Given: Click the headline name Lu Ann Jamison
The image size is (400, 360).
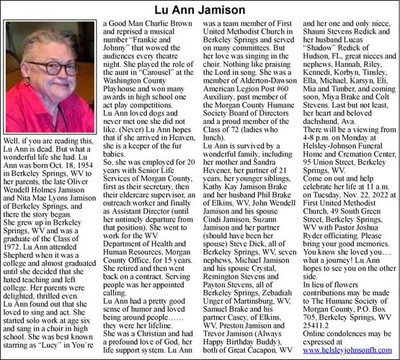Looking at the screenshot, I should tap(200, 9).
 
